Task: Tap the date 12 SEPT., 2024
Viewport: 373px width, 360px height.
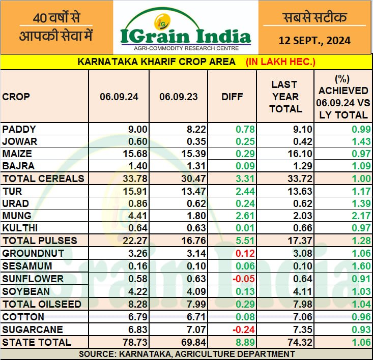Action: click(x=314, y=40)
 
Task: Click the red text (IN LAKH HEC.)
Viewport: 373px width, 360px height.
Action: click(x=281, y=62)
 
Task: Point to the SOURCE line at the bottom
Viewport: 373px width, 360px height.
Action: click(x=186, y=353)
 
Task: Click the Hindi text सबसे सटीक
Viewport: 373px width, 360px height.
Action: click(x=314, y=18)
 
